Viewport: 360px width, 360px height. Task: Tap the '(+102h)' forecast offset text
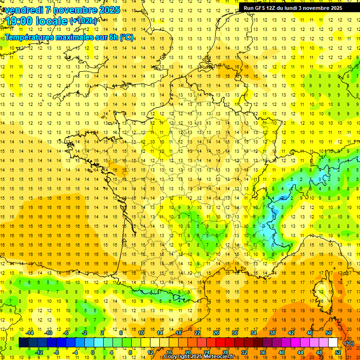[x=83, y=21]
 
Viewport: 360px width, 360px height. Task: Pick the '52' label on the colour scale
[x=338, y=352]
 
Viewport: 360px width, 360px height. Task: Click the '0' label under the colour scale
[x=93, y=352]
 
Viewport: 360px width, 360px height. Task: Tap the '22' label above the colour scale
[x=197, y=333]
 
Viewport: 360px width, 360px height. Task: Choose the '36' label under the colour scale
[x=263, y=352]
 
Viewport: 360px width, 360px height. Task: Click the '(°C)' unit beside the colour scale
[x=349, y=343]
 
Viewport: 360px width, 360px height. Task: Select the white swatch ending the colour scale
[x=333, y=343]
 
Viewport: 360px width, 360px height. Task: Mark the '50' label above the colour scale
[x=329, y=333]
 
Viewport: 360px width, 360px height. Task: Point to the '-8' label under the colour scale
[x=56, y=352]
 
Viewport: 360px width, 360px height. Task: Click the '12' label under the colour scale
[x=150, y=352]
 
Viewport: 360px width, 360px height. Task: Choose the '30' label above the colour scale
[x=235, y=333]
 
